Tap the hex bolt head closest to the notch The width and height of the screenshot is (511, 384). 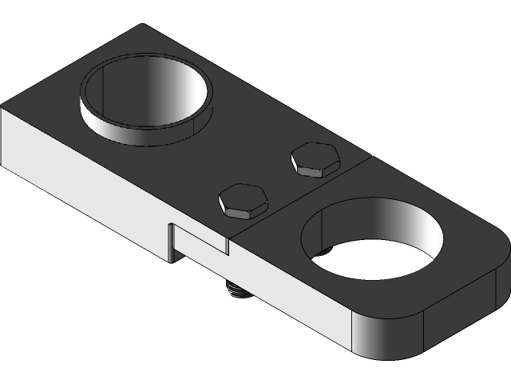pos(242,201)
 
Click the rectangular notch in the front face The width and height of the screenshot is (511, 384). pos(200,242)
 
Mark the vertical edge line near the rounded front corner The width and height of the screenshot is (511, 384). pos(353,332)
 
